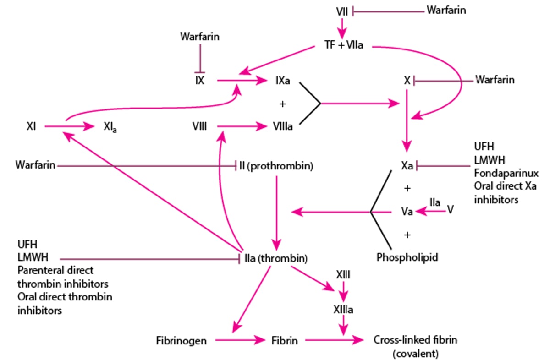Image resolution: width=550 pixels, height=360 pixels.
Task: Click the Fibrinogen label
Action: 181,341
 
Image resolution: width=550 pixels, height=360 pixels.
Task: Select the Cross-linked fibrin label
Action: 415,340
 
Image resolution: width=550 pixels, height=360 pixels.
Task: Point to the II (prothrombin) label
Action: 276,166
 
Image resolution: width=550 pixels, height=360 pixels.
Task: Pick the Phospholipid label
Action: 407,257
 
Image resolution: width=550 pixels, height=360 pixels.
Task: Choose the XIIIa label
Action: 343,310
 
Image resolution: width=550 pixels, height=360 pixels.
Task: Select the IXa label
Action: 282,81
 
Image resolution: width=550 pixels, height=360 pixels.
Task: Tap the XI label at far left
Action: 31,126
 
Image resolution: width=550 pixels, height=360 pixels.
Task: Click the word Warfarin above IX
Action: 199,37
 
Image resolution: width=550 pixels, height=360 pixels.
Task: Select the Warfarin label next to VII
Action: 446,10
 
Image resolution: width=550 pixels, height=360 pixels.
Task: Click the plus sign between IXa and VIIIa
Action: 282,104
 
